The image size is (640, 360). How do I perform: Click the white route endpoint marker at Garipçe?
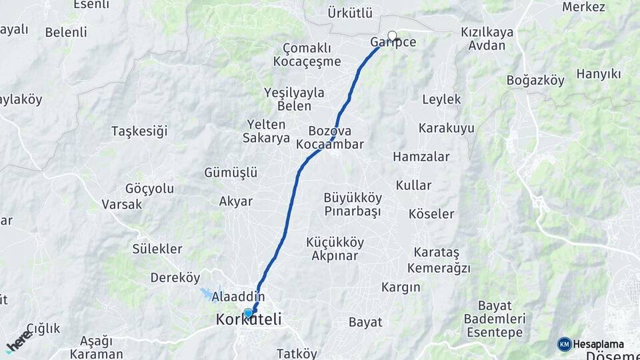[x=392, y=36]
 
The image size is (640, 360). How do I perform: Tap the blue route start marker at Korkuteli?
[x=248, y=313]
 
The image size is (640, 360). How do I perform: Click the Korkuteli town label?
[x=249, y=321]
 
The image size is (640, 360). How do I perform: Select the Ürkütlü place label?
[x=350, y=13]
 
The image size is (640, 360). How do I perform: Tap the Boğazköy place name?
[x=535, y=80]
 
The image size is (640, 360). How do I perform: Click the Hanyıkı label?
[x=598, y=73]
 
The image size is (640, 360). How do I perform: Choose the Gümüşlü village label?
[x=231, y=173]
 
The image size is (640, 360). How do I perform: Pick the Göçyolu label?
[x=149, y=189]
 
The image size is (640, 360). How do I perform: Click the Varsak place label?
[x=122, y=204]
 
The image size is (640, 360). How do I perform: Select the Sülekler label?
[x=157, y=249]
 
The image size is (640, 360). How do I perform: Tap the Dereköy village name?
[x=175, y=277]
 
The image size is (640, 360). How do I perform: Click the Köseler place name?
[x=431, y=214]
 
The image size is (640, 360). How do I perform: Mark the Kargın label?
[x=401, y=287]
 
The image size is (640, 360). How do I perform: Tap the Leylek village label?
[x=441, y=99]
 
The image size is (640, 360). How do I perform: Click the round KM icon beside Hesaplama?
[x=564, y=344]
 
